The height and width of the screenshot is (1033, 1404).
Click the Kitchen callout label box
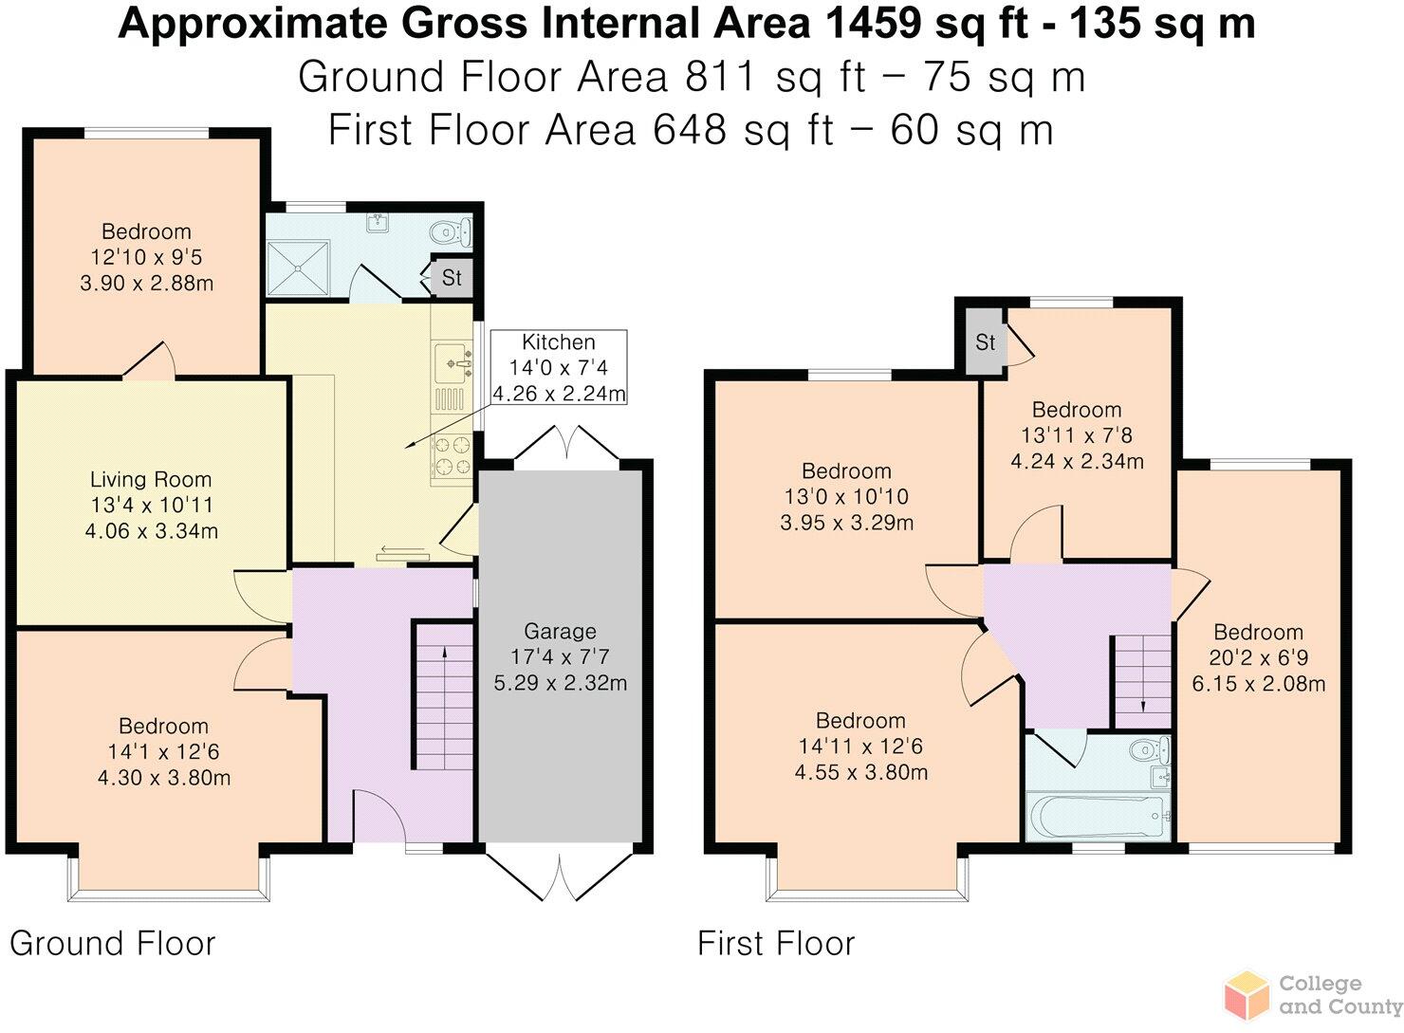coord(559,367)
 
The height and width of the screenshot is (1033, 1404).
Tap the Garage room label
coord(560,631)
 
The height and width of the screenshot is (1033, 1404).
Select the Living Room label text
coord(151,480)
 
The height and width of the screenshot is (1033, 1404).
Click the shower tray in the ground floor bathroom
coord(298,267)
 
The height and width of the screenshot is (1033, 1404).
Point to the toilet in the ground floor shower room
coord(452,231)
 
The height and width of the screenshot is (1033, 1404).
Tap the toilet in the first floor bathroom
coord(1150,748)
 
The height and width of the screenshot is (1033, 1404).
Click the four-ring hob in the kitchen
coord(453,455)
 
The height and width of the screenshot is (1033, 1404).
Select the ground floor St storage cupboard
coord(452,277)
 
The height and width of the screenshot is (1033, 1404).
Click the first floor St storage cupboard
coord(986,342)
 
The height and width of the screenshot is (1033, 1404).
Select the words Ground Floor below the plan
coord(113,944)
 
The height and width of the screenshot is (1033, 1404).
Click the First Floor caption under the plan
coord(776,944)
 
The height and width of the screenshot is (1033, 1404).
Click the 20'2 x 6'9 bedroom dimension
coord(1259,657)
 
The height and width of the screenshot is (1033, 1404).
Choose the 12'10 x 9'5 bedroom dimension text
coord(146,257)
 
